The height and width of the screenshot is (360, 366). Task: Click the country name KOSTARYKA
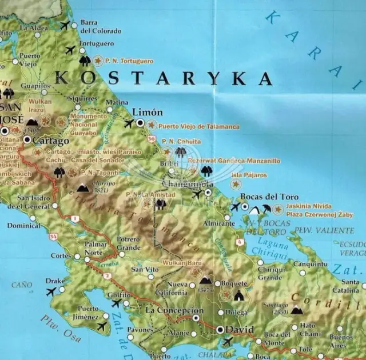coord(163,78)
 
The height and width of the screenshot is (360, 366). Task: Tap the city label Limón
coord(147,112)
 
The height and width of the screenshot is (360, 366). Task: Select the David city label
coord(241,330)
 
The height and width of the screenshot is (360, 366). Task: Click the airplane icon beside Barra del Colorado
coord(65,26)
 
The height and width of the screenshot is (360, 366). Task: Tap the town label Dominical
coord(23,226)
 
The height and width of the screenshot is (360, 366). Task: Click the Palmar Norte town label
coord(96,248)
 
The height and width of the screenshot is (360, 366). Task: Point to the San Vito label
coord(145,269)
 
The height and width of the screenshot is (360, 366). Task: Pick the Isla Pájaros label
coord(248,175)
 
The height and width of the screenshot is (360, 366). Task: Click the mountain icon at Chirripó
coord(83,187)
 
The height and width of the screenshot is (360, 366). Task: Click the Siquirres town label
coord(82,98)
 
